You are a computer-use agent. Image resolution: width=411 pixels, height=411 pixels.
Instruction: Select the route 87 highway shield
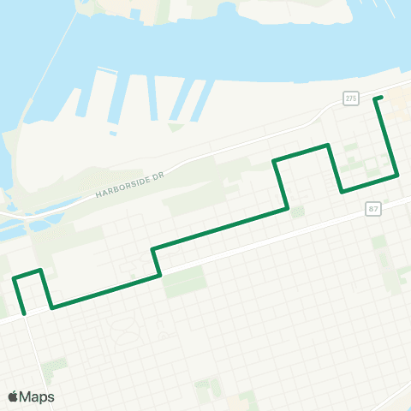(x=372, y=208)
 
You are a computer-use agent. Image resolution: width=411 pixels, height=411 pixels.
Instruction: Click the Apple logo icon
(x=14, y=396)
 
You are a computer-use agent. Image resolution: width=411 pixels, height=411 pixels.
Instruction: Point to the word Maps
(x=38, y=396)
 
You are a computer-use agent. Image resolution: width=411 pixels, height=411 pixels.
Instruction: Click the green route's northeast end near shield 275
(x=377, y=98)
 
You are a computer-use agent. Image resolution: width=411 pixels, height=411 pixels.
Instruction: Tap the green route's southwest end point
(x=24, y=313)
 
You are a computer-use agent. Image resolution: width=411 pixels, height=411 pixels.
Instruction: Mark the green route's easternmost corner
(x=397, y=176)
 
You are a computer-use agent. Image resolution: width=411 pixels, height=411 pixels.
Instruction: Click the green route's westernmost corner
(x=14, y=278)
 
